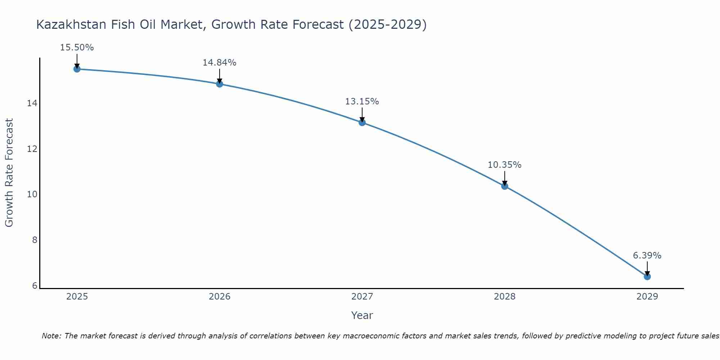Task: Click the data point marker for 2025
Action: [77, 69]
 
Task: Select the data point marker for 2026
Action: [220, 84]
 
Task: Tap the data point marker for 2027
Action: [362, 122]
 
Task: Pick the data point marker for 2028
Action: [505, 186]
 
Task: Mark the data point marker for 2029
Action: [647, 276]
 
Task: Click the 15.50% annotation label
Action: [77, 48]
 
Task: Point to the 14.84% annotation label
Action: [219, 63]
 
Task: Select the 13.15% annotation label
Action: [362, 102]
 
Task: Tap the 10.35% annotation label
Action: [504, 165]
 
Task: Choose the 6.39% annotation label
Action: [647, 256]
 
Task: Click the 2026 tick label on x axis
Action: [220, 297]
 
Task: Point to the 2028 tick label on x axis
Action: [505, 297]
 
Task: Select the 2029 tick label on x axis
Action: [647, 297]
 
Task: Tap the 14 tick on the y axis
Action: [32, 103]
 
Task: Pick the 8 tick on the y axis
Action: [35, 240]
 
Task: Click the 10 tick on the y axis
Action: [32, 194]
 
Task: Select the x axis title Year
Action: [362, 315]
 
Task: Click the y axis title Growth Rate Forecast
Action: [9, 173]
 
